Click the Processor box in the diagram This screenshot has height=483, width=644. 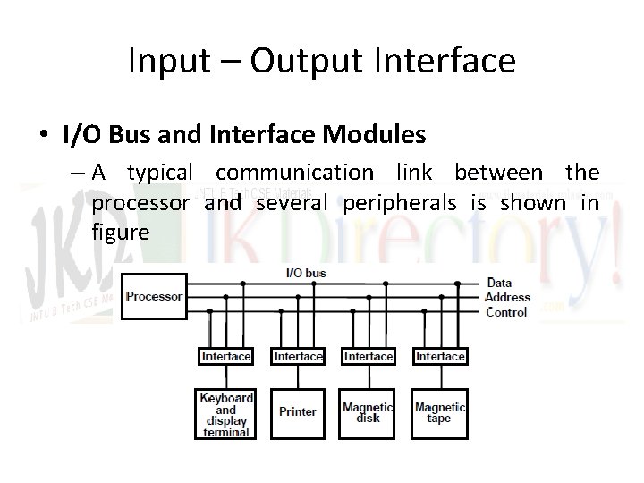(x=155, y=296)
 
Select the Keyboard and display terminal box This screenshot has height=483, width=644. (x=226, y=414)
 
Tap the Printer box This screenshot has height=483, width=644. (x=298, y=412)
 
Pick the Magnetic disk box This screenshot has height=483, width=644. (x=369, y=412)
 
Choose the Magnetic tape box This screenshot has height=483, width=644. (x=440, y=412)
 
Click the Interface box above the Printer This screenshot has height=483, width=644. (x=298, y=356)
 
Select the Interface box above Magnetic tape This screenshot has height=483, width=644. (x=440, y=356)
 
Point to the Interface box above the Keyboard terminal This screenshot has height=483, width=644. (x=226, y=356)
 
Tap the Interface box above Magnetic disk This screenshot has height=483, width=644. (x=369, y=356)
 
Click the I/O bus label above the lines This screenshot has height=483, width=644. (x=306, y=272)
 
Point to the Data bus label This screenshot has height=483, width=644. (x=499, y=283)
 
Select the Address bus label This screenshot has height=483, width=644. (x=508, y=297)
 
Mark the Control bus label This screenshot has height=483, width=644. (x=506, y=312)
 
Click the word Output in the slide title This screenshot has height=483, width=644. (x=299, y=61)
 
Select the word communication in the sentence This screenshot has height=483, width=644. (x=295, y=172)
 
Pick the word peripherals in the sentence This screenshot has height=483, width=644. (x=401, y=203)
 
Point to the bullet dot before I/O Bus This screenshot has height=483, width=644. (x=43, y=136)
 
